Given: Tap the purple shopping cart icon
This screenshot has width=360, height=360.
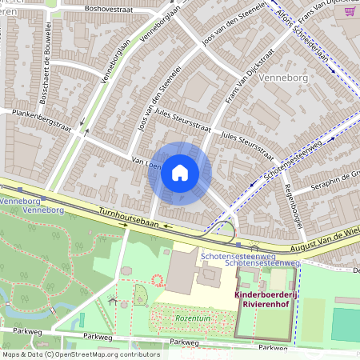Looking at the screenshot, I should pyautogui.click(x=349, y=11).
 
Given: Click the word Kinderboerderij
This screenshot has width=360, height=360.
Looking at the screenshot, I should pyautogui.click(x=265, y=294).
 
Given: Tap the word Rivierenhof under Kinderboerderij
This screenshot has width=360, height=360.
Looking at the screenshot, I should pyautogui.click(x=265, y=303).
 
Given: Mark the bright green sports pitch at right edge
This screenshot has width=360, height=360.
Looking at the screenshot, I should pyautogui.click(x=346, y=323).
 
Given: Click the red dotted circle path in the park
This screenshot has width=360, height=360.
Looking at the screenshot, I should pyautogui.click(x=157, y=280).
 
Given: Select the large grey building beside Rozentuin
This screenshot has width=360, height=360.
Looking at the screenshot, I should pyautogui.click(x=182, y=272).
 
